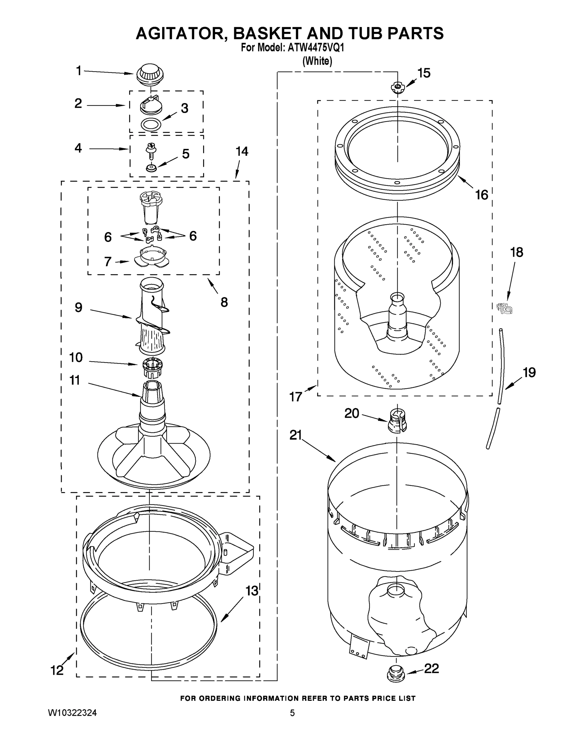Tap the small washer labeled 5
pos(151,168)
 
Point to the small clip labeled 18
pos(504,308)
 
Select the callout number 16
pos(482,195)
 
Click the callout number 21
pos(296,435)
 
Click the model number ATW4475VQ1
pos(315,48)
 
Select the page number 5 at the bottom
pos(292,713)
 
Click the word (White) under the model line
pos(317,61)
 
